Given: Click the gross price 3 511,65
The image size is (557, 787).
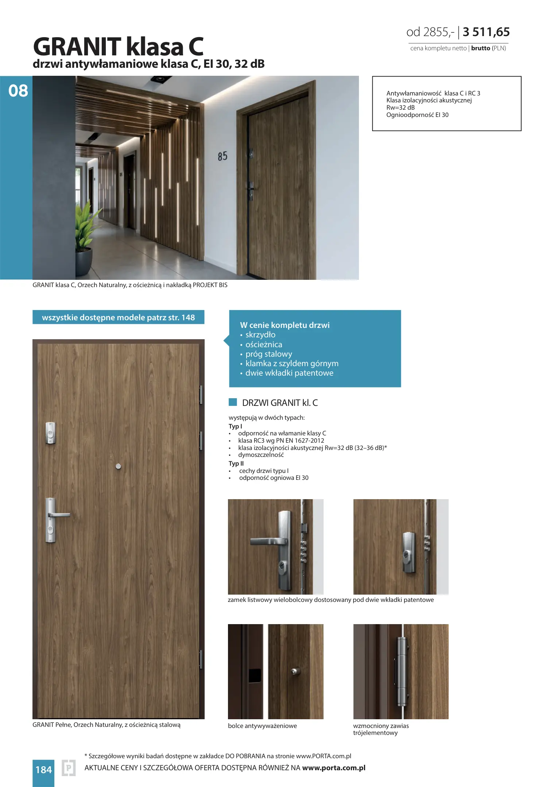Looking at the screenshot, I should (x=486, y=32).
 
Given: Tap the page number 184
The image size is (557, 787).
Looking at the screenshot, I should (x=43, y=770).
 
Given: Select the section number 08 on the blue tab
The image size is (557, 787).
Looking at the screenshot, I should (x=18, y=91).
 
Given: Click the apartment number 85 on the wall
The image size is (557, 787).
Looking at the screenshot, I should (x=223, y=156).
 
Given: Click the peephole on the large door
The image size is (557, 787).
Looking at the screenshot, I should (x=118, y=466).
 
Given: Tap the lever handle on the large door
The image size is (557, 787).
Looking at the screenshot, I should (x=58, y=514).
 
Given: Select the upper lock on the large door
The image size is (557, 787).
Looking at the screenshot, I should (x=50, y=433).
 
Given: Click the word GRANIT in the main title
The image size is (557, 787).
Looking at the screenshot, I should (x=77, y=47).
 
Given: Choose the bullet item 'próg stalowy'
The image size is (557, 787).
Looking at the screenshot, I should (x=268, y=354).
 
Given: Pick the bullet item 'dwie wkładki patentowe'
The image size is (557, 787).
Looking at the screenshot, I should (x=289, y=373).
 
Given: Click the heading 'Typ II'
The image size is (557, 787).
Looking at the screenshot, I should (x=236, y=463).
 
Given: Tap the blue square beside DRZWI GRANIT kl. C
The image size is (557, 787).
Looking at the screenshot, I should (x=233, y=402).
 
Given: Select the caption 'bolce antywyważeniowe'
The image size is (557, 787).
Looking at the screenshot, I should (x=262, y=726).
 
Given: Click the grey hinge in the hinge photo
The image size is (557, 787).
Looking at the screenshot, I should (x=402, y=671).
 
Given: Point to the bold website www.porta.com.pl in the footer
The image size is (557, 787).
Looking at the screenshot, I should (x=334, y=768).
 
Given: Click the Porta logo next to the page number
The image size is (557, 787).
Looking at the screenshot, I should (x=69, y=768).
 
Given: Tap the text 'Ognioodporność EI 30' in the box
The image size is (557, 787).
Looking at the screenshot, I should (x=417, y=115).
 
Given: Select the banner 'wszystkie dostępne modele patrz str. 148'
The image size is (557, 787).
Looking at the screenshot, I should (x=118, y=317).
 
